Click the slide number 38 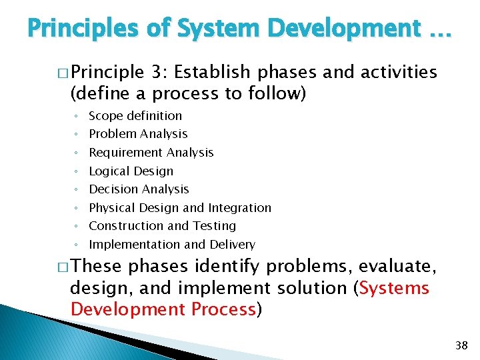460,345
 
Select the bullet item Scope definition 135,115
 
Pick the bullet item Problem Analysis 138,134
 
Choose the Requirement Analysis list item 151,153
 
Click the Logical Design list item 131,171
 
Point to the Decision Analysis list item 139,189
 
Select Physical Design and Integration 180,208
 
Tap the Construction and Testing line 162,226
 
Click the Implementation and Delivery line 172,245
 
